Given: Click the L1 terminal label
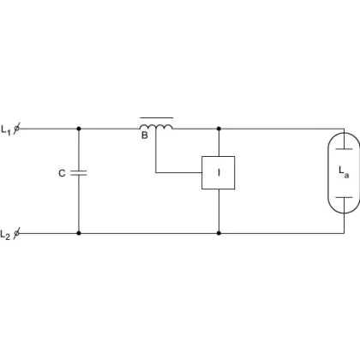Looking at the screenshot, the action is [6, 130].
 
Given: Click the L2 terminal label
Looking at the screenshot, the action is [5, 235].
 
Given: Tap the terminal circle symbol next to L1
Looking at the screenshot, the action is [17, 129].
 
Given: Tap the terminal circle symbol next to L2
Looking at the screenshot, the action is [17, 233].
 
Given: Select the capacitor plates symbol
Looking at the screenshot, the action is [79, 172].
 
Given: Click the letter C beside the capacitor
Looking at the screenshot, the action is [62, 173].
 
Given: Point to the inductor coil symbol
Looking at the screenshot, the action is [156, 127].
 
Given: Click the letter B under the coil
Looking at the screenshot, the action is [145, 135].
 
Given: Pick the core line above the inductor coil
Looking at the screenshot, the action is [156, 117].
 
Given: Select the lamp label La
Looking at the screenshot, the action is [344, 172].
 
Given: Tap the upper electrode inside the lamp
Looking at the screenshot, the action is [344, 149].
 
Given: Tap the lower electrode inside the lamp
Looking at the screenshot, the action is [344, 197].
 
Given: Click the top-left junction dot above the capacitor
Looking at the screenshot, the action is [79, 129].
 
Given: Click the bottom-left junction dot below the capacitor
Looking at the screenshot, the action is [79, 233].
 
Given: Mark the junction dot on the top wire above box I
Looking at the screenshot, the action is [219, 129].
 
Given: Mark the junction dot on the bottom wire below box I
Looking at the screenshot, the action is [219, 233].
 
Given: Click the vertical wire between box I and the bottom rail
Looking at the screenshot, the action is [219, 210].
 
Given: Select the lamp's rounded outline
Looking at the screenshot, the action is [328, 172].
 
